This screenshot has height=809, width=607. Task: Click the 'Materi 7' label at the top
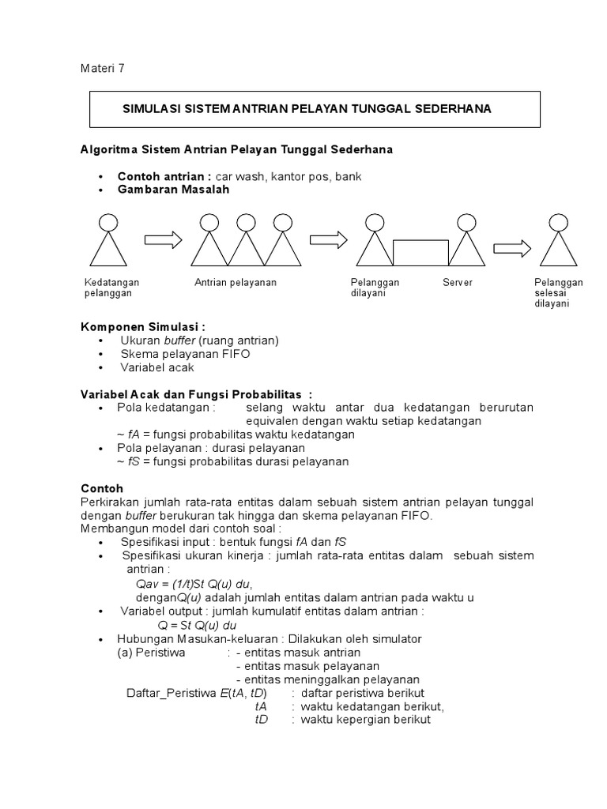pyautogui.click(x=103, y=68)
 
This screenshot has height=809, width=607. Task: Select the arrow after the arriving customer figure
pyautogui.click(x=164, y=239)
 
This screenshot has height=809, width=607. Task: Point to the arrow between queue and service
pyautogui.click(x=329, y=239)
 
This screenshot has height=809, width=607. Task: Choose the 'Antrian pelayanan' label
pyautogui.click(x=236, y=283)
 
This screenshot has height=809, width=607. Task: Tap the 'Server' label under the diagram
pyautogui.click(x=457, y=283)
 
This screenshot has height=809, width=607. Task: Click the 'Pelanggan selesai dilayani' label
pyautogui.click(x=558, y=292)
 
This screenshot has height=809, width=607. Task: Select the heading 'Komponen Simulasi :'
pyautogui.click(x=142, y=327)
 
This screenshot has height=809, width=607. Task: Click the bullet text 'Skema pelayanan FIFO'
pyautogui.click(x=185, y=354)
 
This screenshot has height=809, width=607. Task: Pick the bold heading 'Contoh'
pyautogui.click(x=103, y=489)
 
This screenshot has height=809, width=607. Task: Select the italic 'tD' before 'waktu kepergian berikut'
pyautogui.click(x=262, y=720)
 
